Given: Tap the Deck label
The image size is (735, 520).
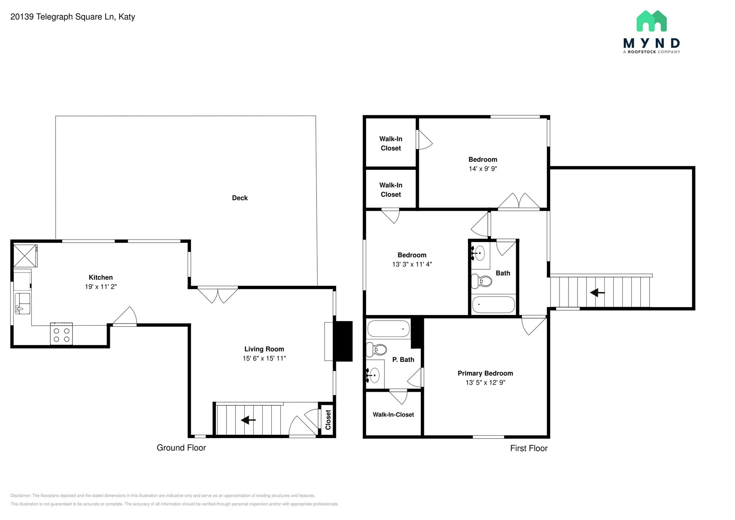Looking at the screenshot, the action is [240, 198].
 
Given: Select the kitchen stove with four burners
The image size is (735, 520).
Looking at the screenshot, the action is [61, 334].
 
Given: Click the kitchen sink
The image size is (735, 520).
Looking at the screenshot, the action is [22, 303].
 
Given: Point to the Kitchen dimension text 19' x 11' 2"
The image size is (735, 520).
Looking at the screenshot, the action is [101, 287].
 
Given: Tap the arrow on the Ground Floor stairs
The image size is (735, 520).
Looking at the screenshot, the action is [248, 420].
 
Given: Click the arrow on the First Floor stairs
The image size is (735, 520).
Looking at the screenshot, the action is [597, 293].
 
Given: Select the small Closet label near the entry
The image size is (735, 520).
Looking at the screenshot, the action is [328, 420].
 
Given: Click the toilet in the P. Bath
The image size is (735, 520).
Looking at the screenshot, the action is [376, 349].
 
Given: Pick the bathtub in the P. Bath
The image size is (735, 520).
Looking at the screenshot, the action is [388, 329].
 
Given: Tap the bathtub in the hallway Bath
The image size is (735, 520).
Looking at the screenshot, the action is [493, 305].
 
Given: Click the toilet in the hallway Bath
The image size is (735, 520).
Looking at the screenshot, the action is [481, 281].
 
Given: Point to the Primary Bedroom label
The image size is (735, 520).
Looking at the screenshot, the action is [485, 373].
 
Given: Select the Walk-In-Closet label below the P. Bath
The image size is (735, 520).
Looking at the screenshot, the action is [393, 414].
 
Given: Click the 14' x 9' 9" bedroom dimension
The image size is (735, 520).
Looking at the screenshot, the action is [483, 169].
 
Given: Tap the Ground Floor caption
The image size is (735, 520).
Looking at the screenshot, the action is [181, 447].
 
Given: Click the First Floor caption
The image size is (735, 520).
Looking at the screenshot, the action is [529, 448].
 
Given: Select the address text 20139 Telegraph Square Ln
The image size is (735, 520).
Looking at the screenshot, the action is [62, 17].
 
